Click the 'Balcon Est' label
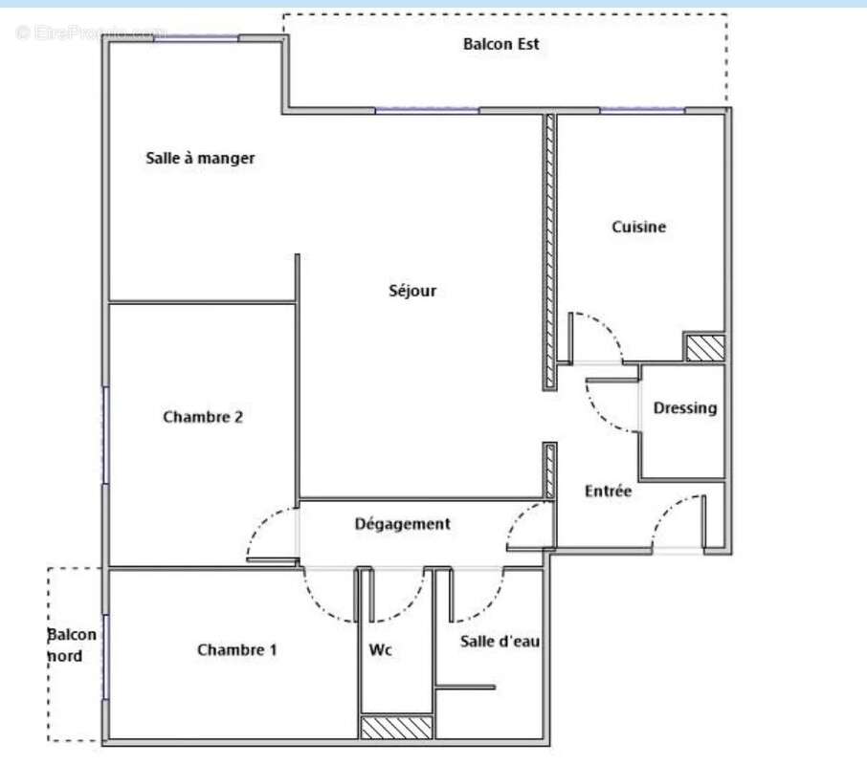(x=500, y=44)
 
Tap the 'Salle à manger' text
(x=200, y=158)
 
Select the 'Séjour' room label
(x=412, y=291)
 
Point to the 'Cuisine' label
(x=638, y=227)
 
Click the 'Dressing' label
(x=684, y=408)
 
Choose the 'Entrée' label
(x=608, y=491)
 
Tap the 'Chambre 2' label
(x=203, y=417)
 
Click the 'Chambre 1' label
(x=237, y=650)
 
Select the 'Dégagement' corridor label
(x=402, y=524)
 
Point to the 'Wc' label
(x=380, y=650)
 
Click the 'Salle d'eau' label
(x=500, y=641)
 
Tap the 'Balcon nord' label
(x=72, y=645)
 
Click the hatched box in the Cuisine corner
(x=704, y=347)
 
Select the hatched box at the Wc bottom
(x=396, y=728)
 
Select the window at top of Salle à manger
(x=196, y=38)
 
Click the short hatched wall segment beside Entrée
(x=549, y=470)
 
